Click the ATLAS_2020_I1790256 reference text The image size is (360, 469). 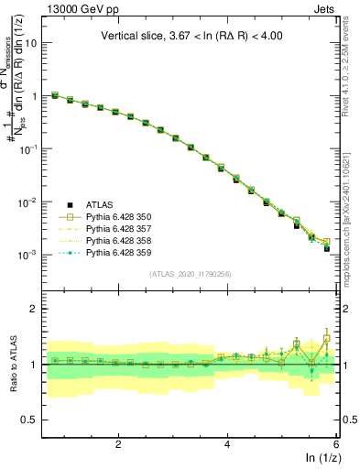tap(191, 274)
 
